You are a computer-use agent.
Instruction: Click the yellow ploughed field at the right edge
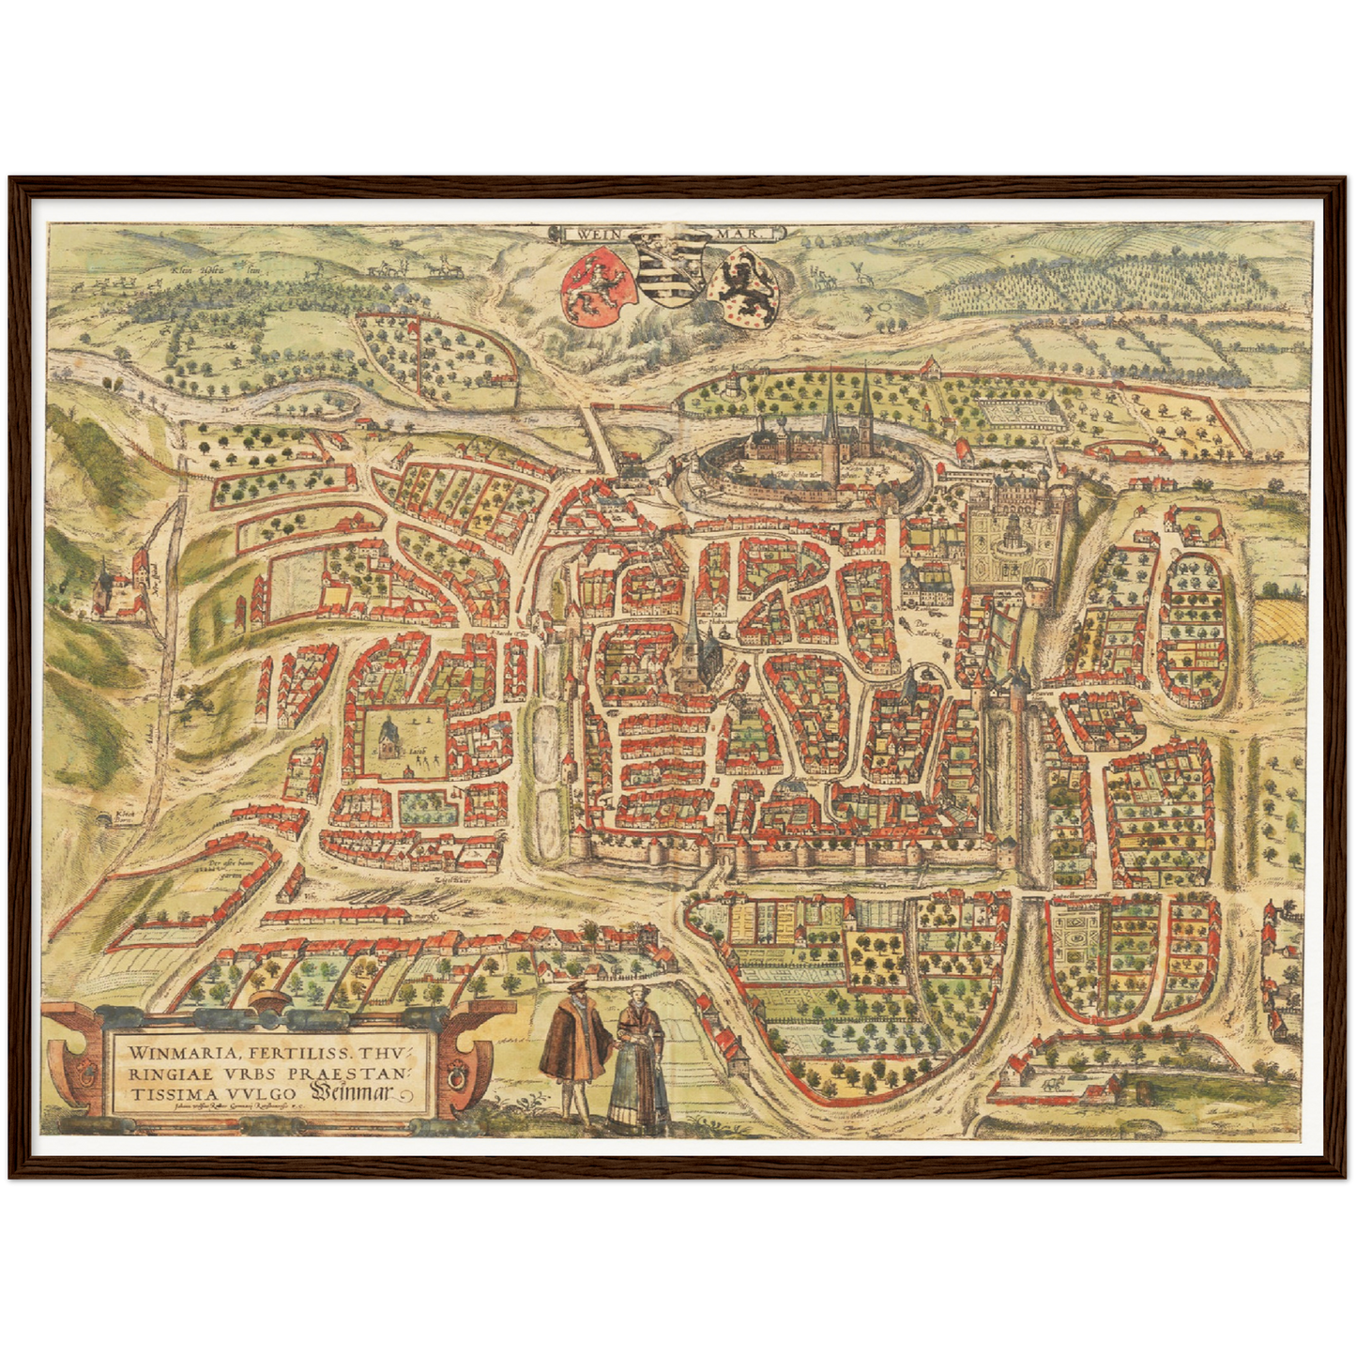(1279, 620)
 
